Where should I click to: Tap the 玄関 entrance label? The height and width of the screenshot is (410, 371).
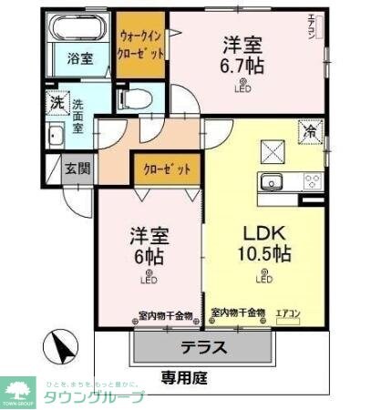pyautogui.click(x=77, y=169)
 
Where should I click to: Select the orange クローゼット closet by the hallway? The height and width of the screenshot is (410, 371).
pyautogui.click(x=167, y=169)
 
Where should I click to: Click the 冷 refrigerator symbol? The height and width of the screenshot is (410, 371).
pyautogui.click(x=310, y=130)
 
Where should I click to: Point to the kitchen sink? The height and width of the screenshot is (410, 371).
pyautogui.click(x=273, y=180)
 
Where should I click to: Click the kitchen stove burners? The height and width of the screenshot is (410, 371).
pyautogui.click(x=311, y=180)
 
